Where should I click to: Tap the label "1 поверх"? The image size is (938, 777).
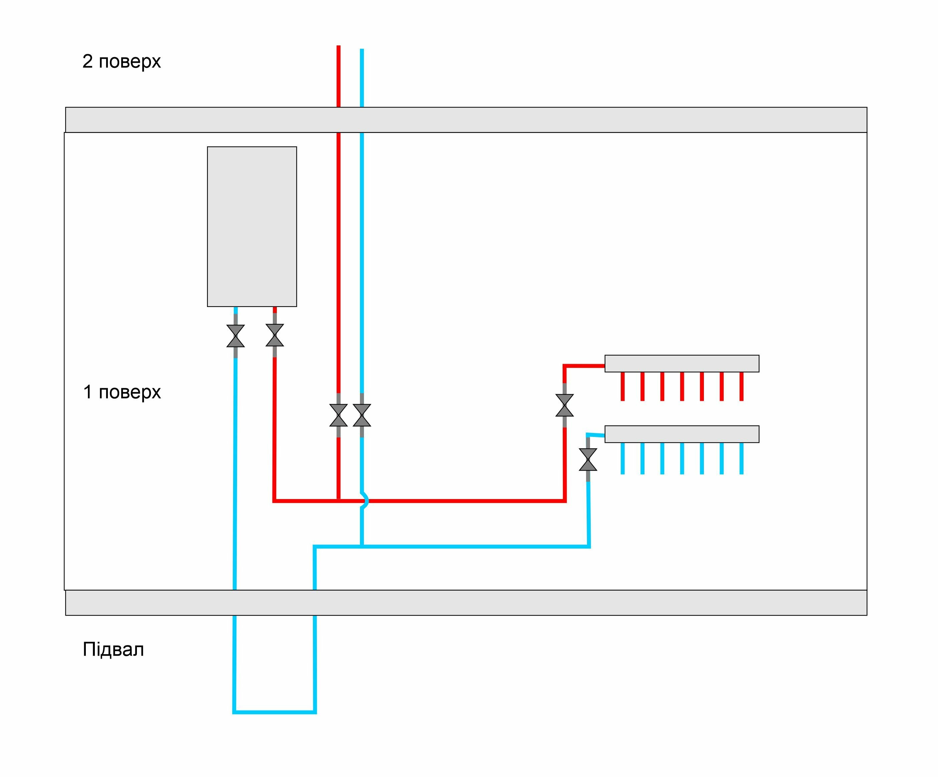122,392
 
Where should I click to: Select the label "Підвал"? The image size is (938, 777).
114,649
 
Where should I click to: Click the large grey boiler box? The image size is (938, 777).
252,226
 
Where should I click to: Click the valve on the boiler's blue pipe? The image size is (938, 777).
235,336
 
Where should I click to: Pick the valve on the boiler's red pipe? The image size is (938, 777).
275,336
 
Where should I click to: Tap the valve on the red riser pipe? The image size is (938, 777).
339,415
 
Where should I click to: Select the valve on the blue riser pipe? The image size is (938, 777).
362,415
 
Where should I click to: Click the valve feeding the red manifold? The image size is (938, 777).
565,405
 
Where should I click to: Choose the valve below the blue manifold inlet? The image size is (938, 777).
588,460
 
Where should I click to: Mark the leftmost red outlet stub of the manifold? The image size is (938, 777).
623,386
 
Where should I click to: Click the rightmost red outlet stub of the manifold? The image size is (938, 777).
741,386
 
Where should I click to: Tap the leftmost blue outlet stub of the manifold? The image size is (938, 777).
623,458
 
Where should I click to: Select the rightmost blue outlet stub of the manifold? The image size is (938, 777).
741,458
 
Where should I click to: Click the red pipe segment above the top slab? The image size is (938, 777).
339,76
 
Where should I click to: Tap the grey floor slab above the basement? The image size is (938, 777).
466,603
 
